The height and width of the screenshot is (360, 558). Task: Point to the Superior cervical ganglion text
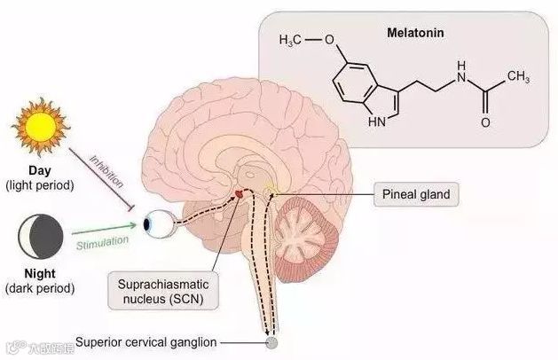145,341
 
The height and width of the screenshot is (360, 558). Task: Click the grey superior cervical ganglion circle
271,342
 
